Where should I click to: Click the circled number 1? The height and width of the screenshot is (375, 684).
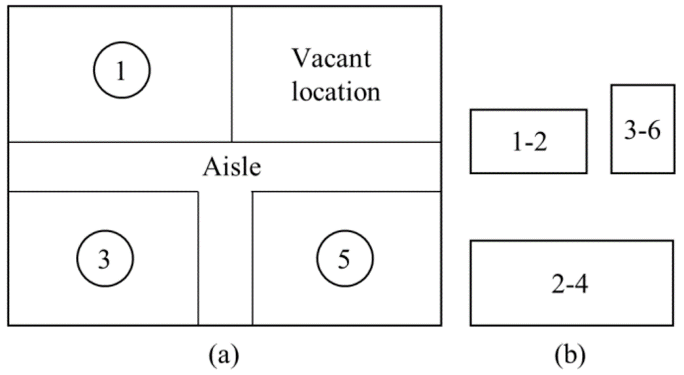[x=122, y=70]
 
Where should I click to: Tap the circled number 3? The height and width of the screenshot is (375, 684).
[x=105, y=259]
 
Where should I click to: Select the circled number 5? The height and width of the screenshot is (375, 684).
[x=345, y=259]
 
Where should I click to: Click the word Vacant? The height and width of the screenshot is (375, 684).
[x=331, y=59]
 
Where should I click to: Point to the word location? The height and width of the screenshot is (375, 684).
[x=336, y=92]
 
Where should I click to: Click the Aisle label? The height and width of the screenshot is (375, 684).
[x=231, y=168]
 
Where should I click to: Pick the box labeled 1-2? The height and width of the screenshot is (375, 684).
[x=528, y=141]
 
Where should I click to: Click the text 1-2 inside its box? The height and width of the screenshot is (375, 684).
[x=528, y=143]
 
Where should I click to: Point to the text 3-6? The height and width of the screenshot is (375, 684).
[x=642, y=131]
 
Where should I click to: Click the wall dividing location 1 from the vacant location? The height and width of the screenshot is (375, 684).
[x=232, y=73]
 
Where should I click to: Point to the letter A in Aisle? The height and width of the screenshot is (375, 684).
[x=209, y=168]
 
